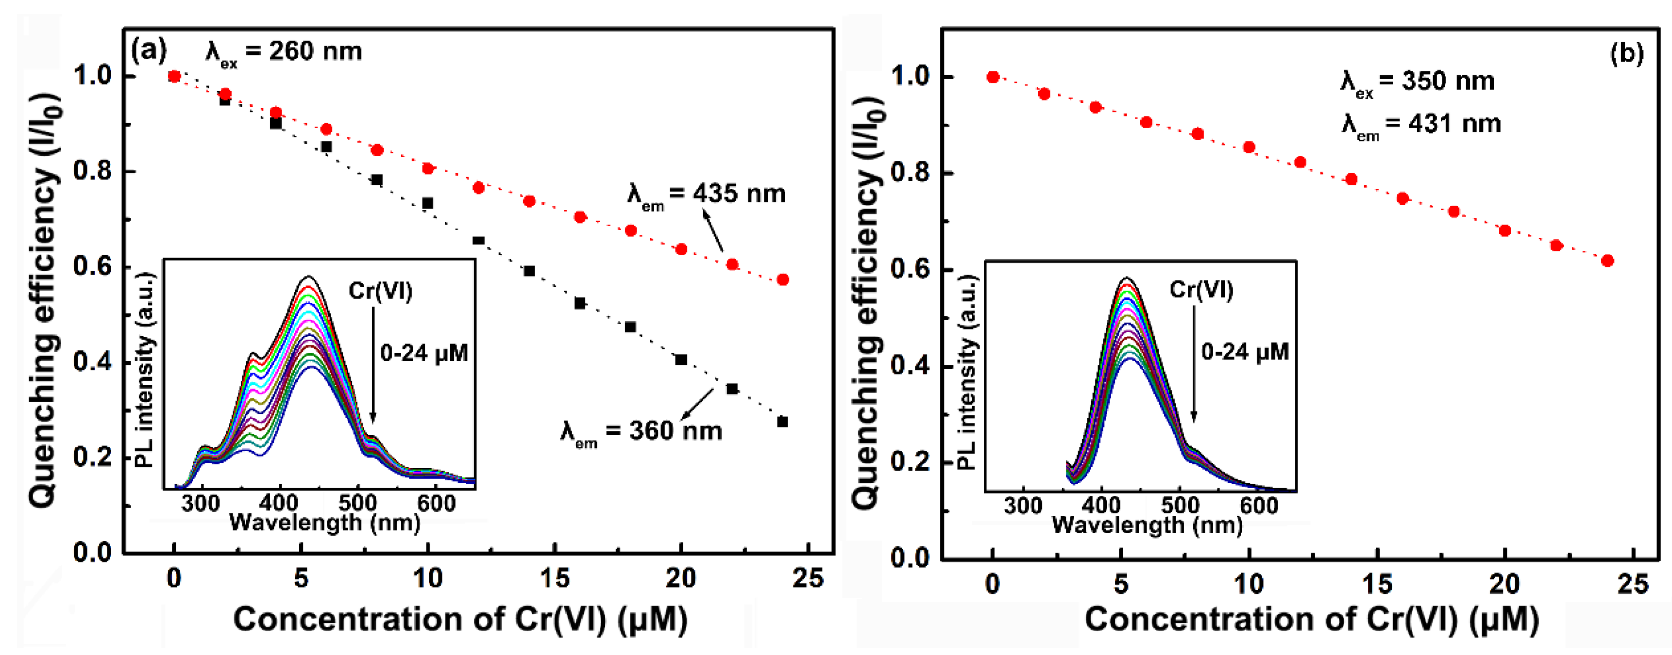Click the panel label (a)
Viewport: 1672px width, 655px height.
coord(149,50)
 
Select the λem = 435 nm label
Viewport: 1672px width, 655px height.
coord(706,195)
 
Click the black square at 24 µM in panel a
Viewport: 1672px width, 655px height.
coord(783,422)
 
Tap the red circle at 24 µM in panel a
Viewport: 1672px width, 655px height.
coord(783,280)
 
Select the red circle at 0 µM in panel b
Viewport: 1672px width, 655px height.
coord(993,77)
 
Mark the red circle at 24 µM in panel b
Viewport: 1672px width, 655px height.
coord(1608,261)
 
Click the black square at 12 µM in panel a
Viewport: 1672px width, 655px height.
coord(478,240)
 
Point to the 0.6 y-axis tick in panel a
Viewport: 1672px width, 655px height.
coord(93,266)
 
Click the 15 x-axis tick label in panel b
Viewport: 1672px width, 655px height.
coord(1377,584)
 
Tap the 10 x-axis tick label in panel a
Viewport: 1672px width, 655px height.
coord(428,578)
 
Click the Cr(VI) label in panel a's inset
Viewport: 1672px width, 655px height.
coord(380,291)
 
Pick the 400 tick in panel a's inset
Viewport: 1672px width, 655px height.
coord(279,503)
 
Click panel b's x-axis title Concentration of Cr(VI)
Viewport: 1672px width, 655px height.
coord(1311,619)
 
